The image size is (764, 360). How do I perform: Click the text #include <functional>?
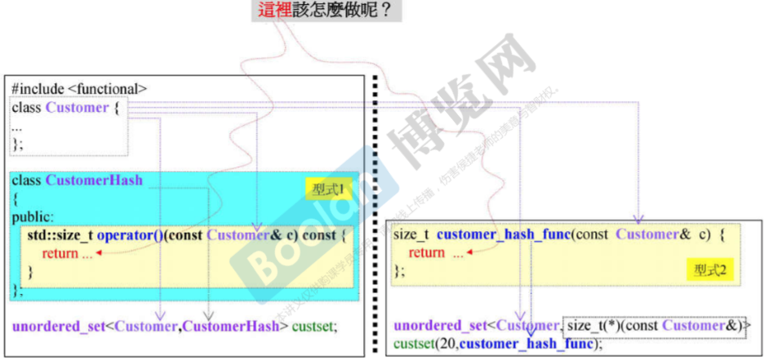click(x=79, y=88)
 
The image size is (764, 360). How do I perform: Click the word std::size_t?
click(x=60, y=236)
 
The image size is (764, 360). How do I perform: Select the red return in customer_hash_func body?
click(x=427, y=253)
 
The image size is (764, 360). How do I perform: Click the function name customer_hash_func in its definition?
click(x=503, y=235)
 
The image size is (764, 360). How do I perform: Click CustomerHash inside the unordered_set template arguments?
click(x=234, y=327)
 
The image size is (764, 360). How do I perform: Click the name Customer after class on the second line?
click(x=77, y=108)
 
